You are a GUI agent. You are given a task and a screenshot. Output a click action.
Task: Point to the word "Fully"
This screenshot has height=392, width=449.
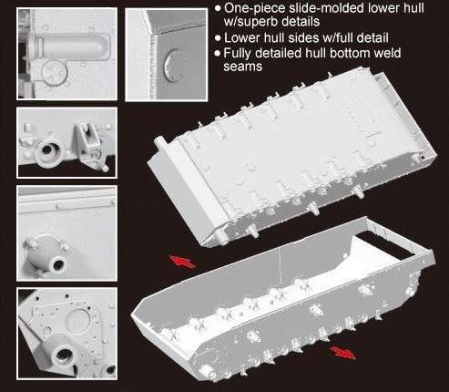[238, 54]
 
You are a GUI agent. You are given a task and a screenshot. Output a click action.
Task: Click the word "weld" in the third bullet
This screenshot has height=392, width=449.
[387, 53]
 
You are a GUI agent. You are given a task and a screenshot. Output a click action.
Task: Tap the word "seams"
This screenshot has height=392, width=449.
[243, 67]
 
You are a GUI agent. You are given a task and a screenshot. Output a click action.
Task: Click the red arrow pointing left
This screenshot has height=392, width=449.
[182, 262]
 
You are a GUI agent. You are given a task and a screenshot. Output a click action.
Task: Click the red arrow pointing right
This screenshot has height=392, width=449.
[342, 353]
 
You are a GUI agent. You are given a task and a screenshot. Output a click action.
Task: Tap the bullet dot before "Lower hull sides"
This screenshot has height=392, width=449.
[218, 38]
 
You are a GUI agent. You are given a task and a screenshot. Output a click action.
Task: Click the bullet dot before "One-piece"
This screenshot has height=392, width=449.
[218, 8]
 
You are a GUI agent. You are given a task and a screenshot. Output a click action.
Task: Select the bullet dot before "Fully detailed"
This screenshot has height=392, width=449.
[217, 53]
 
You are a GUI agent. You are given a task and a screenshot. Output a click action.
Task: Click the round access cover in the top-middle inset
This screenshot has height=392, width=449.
[170, 66]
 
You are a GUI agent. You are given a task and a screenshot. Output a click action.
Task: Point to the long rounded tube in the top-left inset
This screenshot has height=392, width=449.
[70, 46]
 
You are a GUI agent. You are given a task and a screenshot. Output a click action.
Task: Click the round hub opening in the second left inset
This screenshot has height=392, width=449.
[48, 150]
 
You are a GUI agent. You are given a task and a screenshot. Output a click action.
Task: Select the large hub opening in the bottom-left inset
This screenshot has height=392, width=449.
[63, 353]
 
